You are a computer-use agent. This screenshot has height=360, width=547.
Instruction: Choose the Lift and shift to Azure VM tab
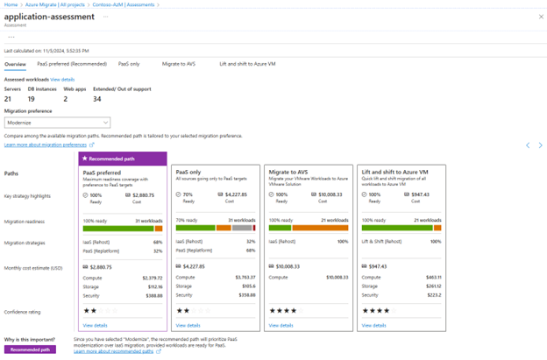[247, 64]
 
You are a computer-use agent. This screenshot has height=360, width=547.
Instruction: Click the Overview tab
[15, 64]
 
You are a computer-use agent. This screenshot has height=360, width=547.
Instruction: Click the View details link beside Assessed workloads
[62, 80]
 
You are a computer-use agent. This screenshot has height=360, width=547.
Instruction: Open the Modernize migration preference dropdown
[57, 123]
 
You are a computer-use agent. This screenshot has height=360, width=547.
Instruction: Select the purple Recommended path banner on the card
[123, 159]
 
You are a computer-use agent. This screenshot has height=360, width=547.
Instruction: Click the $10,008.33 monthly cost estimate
[293, 265]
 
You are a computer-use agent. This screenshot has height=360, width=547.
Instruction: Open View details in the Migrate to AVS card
[281, 325]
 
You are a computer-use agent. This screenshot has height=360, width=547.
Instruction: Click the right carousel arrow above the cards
[540, 145]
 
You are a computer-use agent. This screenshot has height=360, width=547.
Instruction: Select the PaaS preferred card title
[103, 173]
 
